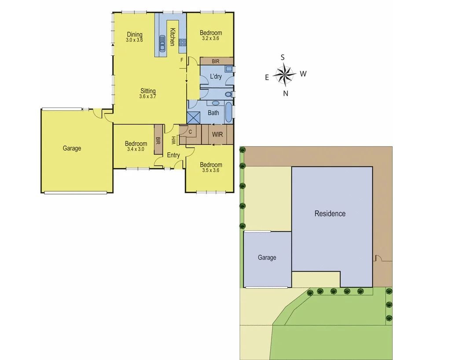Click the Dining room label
click(135, 34)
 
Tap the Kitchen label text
click(173, 37)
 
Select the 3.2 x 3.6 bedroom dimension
click(210, 38)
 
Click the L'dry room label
click(216, 77)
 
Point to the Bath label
click(213, 113)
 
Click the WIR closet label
click(217, 134)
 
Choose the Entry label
click(173, 155)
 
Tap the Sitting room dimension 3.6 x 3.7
click(148, 97)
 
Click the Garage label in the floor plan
click(72, 148)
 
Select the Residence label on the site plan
click(330, 214)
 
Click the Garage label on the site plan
click(267, 257)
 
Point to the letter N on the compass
click(286, 93)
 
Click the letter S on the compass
click(283, 57)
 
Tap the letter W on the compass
click(303, 74)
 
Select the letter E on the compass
click(267, 77)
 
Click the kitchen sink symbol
click(162, 41)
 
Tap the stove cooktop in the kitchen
click(183, 43)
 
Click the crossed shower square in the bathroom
click(193, 117)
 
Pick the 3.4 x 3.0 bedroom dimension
click(135, 149)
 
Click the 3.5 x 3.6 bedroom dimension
click(210, 170)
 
